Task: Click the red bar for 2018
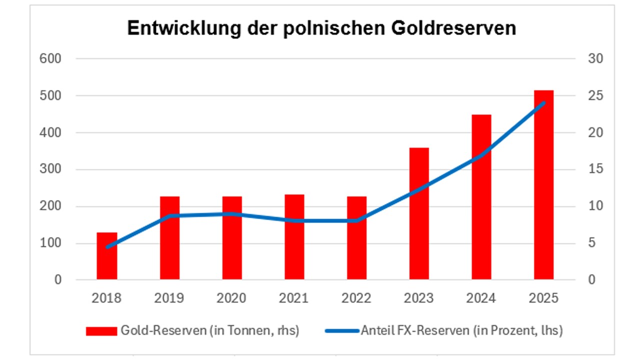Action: click(x=107, y=256)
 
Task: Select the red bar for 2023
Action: click(x=419, y=213)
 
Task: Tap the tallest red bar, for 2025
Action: click(x=544, y=185)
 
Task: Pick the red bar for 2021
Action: click(x=294, y=237)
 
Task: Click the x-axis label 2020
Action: click(x=231, y=298)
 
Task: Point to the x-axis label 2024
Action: click(x=481, y=298)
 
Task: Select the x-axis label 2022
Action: click(x=356, y=298)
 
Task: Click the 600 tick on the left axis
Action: click(x=50, y=59)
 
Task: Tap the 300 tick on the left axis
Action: click(x=50, y=169)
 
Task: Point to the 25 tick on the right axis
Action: click(x=595, y=95)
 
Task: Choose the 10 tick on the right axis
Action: click(x=595, y=206)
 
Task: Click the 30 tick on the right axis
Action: click(x=595, y=59)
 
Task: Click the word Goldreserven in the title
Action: click(x=453, y=28)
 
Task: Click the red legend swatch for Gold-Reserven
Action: click(x=101, y=331)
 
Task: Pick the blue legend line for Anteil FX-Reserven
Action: click(x=342, y=331)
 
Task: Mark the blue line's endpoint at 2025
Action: click(x=544, y=103)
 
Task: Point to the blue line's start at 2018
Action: click(x=107, y=247)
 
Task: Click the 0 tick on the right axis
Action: click(x=592, y=279)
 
